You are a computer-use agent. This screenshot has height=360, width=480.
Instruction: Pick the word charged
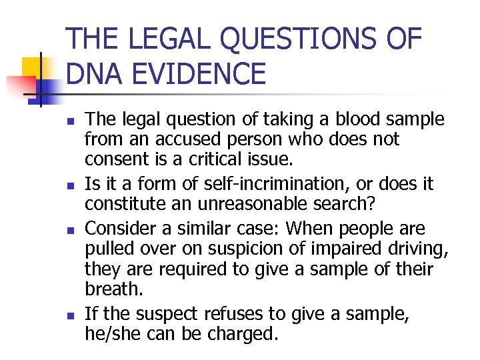[238, 333]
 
